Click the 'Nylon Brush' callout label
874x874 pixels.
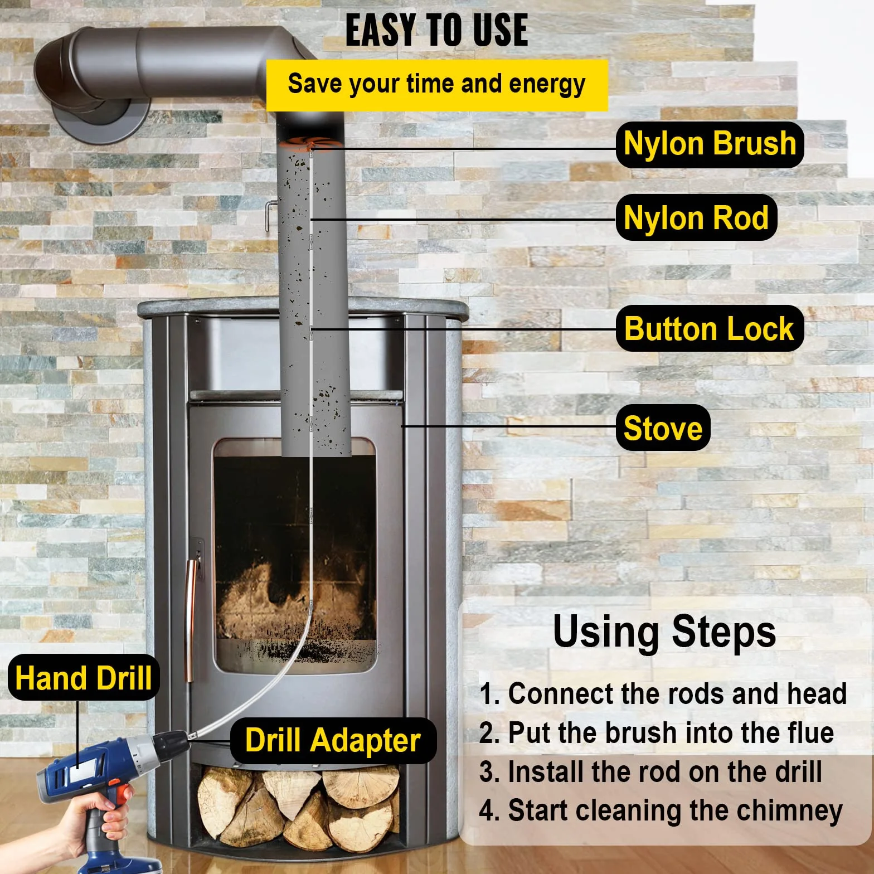coord(710,144)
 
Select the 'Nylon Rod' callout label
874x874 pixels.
coord(696,217)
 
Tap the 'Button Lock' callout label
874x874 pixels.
coord(710,328)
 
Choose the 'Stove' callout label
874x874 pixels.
coord(663,428)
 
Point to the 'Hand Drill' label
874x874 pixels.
coord(84,678)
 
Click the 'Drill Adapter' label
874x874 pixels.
coord(333,740)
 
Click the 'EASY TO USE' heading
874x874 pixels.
coord(436,30)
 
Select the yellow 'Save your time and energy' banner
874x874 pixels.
coord(437,85)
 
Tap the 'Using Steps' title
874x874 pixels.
coord(664,632)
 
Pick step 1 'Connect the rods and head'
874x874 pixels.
coord(663,694)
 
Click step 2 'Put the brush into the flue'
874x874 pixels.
coord(657,733)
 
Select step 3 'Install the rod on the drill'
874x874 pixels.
coord(650,772)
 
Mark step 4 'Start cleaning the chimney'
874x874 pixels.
coord(661,812)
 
